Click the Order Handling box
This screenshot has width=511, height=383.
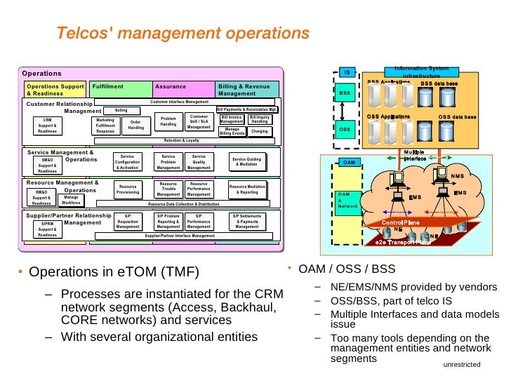pos(136,125)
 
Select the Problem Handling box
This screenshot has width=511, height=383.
pos(168,121)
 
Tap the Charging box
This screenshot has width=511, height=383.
pos(260,131)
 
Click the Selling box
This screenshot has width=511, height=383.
pos(121,110)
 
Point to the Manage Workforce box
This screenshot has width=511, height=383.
pos(71,201)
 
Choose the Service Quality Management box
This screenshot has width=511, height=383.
pos(199,162)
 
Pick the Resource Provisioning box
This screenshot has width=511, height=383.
pos(128,189)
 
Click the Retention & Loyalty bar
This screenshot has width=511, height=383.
pos(182,140)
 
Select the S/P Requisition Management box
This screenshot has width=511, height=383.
pos(128,222)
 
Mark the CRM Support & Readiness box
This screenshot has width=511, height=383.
pos(48,126)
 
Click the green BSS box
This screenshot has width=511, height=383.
pos(345,92)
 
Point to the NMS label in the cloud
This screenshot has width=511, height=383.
pos(458,176)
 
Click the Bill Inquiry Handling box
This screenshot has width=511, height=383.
pos(260,119)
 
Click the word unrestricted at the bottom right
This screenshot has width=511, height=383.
pos(461,365)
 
